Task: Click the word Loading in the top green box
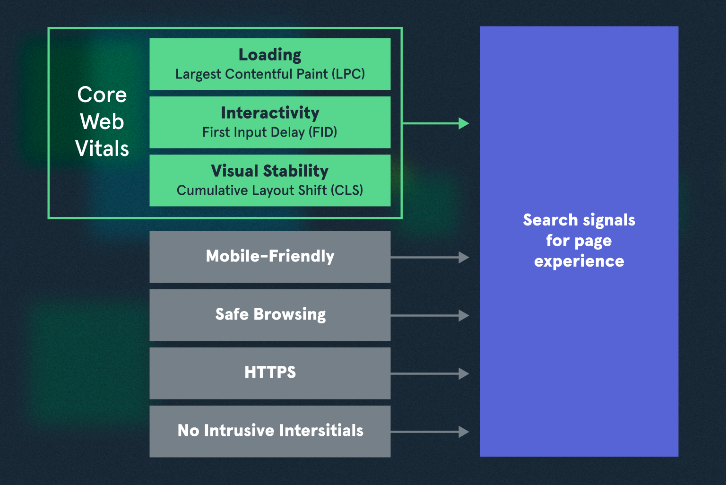tap(269, 55)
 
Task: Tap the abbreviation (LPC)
tap(348, 74)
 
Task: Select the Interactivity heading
tap(270, 113)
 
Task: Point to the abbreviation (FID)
tap(323, 132)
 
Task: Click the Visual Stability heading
tap(269, 171)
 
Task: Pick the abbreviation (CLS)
tap(346, 191)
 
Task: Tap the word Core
tap(102, 95)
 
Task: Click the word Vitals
tap(102, 149)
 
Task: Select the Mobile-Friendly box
tap(270, 257)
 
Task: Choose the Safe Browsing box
tap(270, 315)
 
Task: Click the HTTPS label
tap(270, 372)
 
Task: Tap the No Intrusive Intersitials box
tap(270, 431)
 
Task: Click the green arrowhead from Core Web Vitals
tap(464, 124)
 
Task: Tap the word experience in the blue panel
tap(579, 261)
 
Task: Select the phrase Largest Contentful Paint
tap(251, 74)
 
